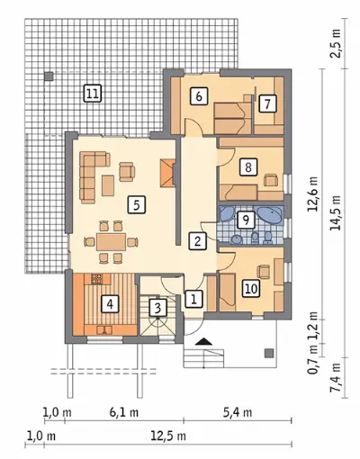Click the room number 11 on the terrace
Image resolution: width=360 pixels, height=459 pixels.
[x=93, y=94]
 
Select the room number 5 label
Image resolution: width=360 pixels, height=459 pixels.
[x=137, y=204]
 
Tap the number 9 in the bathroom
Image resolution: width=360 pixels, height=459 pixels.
[x=246, y=220]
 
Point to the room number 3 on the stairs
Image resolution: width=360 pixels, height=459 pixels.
[x=157, y=308]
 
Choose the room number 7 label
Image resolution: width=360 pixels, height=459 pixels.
[x=267, y=103]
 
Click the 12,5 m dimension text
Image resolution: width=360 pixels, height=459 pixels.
[x=168, y=436]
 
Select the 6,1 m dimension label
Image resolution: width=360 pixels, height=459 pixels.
[x=124, y=412]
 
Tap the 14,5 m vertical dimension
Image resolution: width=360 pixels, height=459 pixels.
[x=335, y=212]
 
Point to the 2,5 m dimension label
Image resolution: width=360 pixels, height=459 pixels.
[x=337, y=43]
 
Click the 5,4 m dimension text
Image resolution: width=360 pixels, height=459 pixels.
[x=238, y=412]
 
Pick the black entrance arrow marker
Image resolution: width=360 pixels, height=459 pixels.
[x=204, y=341]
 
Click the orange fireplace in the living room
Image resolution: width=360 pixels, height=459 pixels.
[x=167, y=173]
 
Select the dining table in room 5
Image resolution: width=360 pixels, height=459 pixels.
[x=111, y=242]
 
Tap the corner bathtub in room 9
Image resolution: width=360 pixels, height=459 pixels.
[x=269, y=215]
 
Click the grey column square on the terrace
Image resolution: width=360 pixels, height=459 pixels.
[x=49, y=76]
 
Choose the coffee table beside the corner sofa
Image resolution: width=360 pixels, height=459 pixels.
[x=108, y=185]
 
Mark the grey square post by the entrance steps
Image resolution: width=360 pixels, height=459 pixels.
[x=269, y=353]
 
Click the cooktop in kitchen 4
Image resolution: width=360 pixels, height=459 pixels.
[x=96, y=279]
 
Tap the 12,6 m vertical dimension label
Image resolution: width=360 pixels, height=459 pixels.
[x=313, y=194]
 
